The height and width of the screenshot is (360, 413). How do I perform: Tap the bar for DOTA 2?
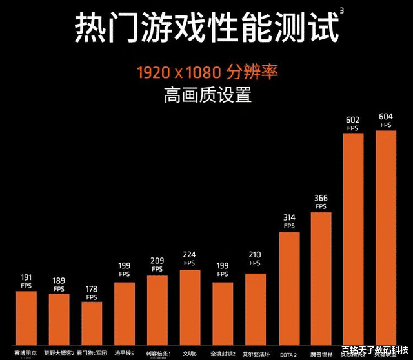[x=289, y=290]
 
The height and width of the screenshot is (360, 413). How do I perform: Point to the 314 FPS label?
[x=289, y=221]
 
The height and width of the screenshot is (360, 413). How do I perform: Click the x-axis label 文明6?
[x=190, y=354]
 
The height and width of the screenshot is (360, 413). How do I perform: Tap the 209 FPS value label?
[x=157, y=265]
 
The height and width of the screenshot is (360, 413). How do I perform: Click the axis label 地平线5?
[x=124, y=354]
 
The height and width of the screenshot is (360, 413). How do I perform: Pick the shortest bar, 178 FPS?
[x=92, y=325]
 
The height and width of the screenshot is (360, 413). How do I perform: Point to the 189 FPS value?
[x=59, y=284]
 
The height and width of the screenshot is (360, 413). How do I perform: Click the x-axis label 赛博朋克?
[x=26, y=354]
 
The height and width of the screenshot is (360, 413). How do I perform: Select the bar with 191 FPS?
[x=26, y=319]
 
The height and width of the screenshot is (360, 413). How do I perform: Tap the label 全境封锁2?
[x=223, y=354]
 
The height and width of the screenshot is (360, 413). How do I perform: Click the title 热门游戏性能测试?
[x=206, y=27]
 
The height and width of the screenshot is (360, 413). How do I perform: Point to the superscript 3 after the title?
[x=341, y=10]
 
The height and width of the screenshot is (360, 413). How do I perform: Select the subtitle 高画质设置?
[x=206, y=95]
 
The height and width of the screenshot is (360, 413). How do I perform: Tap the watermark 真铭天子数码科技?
[x=376, y=353]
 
